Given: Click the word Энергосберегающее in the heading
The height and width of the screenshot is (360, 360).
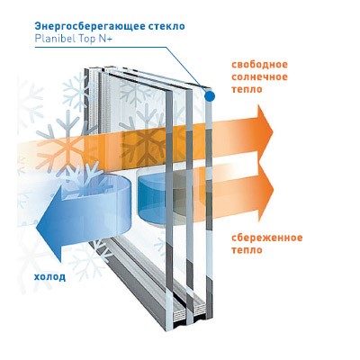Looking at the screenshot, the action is click(x=90, y=26).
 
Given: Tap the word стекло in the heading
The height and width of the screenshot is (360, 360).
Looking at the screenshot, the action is click(x=166, y=26).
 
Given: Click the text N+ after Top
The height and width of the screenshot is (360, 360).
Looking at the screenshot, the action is click(x=105, y=39).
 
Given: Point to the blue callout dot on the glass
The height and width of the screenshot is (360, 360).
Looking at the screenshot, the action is click(x=210, y=96).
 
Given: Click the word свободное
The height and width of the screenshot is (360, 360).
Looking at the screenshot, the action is click(x=260, y=65).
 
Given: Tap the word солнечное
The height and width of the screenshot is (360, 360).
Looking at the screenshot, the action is click(x=260, y=77).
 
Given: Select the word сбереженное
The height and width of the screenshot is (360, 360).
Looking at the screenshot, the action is click(x=267, y=238).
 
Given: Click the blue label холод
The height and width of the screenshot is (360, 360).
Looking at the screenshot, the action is click(x=49, y=276).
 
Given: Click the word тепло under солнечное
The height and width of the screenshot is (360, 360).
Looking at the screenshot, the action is click(x=247, y=89).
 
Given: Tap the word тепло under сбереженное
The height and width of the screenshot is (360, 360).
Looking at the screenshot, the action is click(x=247, y=250).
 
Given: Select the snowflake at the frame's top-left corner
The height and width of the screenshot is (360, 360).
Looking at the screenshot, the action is click(x=76, y=89).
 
